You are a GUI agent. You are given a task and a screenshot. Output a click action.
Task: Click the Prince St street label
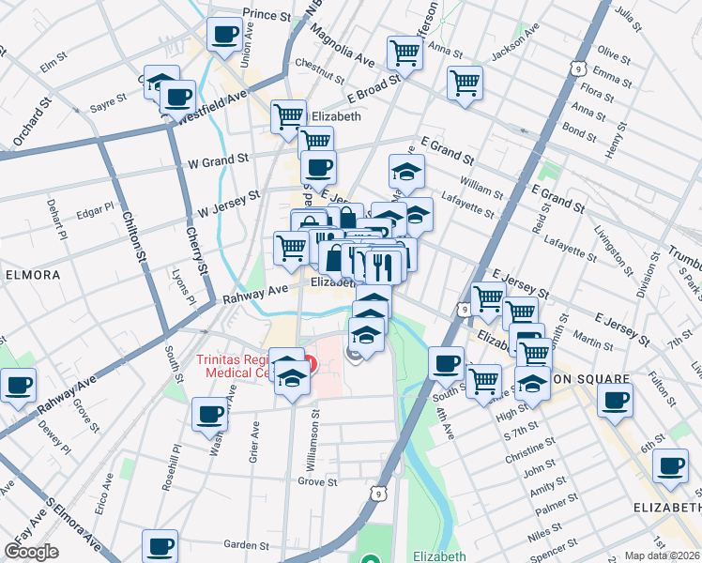pos(267,15)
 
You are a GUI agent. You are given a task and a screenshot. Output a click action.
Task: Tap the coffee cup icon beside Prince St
pos(224,35)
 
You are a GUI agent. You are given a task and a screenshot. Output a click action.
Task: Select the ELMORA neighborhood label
pos(33,276)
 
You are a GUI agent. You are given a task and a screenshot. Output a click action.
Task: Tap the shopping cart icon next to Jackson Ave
pos(465,83)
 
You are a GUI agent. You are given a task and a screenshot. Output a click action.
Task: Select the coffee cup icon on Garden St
pos(160,546)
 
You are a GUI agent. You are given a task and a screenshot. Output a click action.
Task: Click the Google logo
pos(31,552)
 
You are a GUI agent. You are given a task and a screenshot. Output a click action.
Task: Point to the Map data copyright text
pos(662,555)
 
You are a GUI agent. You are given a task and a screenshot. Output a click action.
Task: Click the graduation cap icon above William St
pos(406,172)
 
